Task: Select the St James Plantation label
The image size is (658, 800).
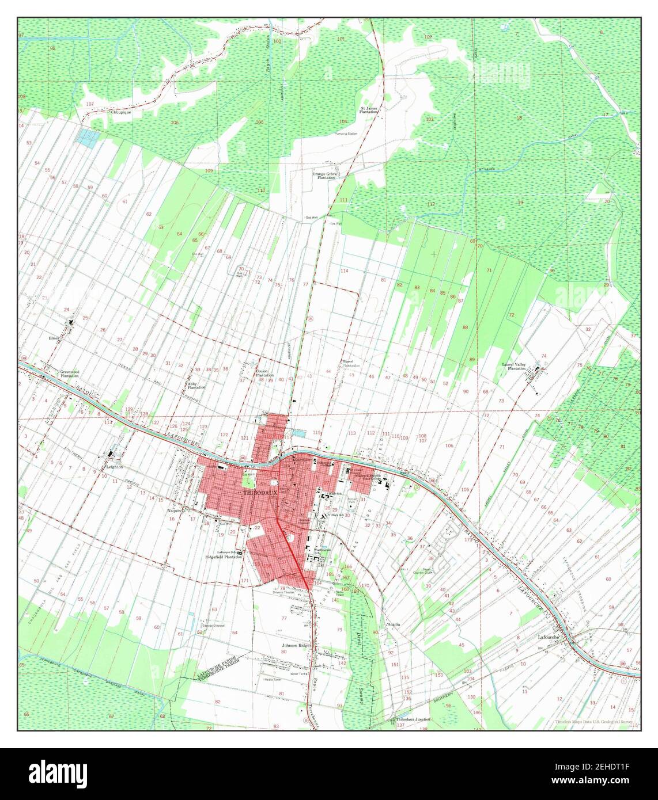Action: pos(369,110)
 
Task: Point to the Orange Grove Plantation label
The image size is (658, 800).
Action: pos(324,176)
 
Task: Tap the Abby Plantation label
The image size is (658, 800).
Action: pos(196,385)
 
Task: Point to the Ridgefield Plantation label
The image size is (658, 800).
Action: pos(222,557)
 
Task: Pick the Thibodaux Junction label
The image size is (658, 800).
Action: pos(413,720)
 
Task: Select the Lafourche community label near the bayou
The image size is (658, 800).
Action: pos(550,638)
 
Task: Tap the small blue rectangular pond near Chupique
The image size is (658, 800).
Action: pos(88,136)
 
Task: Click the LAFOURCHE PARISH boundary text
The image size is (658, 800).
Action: pos(219,664)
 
